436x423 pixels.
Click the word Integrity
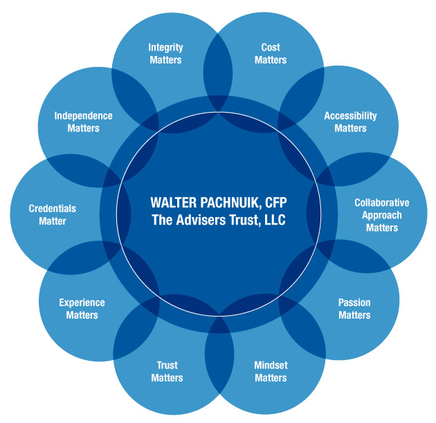pos(166,48)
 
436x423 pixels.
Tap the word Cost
pos(271,48)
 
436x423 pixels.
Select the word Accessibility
pos(350,116)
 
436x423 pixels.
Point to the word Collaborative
pos(381,203)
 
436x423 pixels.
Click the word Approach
pos(381,215)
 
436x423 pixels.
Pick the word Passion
pos(354,303)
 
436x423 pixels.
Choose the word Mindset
pos(271,366)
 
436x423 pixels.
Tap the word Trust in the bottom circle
pos(167,366)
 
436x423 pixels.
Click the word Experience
pos(82,303)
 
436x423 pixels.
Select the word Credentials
pos(53,209)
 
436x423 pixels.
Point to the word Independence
pos(83,116)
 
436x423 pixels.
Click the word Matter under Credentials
pos(53,221)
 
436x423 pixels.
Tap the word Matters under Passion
pos(354,315)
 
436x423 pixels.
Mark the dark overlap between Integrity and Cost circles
pos(219,66)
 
